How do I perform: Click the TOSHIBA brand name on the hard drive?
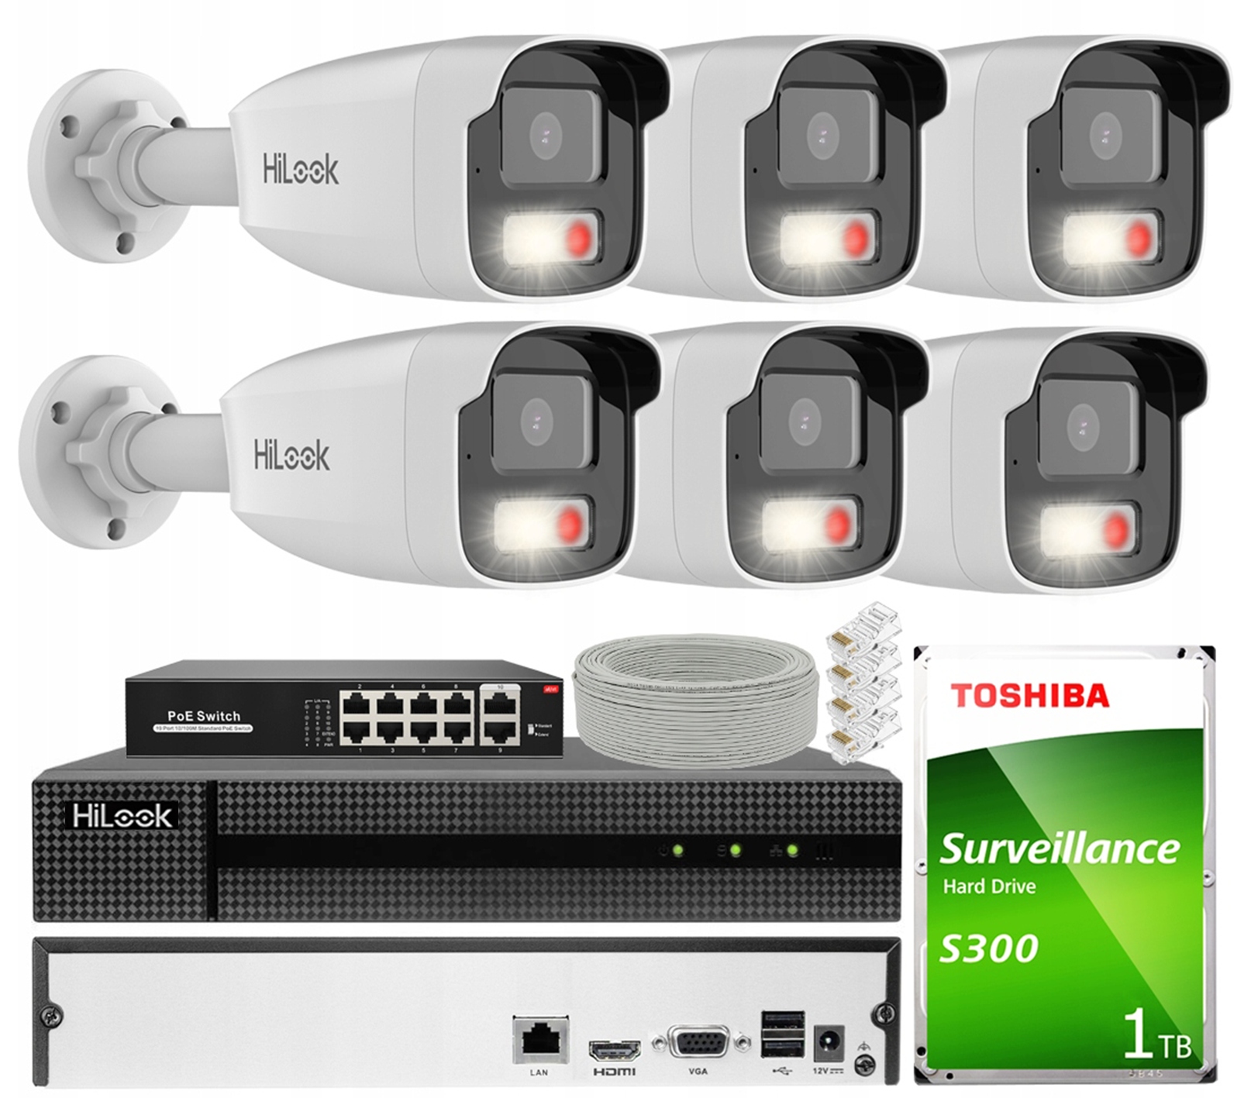pyautogui.click(x=1029, y=695)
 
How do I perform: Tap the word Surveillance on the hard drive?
pyautogui.click(x=1059, y=848)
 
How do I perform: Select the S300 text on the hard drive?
pyautogui.click(x=988, y=947)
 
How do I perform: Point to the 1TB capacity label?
pyautogui.click(x=1156, y=1035)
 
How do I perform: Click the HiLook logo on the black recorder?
pyautogui.click(x=122, y=815)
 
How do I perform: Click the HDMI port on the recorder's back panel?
pyautogui.click(x=615, y=1050)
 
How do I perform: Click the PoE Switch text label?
pyautogui.click(x=204, y=716)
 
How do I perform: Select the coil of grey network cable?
pyautogui.click(x=695, y=700)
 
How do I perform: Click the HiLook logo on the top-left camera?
pyautogui.click(x=301, y=169)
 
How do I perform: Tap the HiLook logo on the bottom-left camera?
pyautogui.click(x=291, y=455)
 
